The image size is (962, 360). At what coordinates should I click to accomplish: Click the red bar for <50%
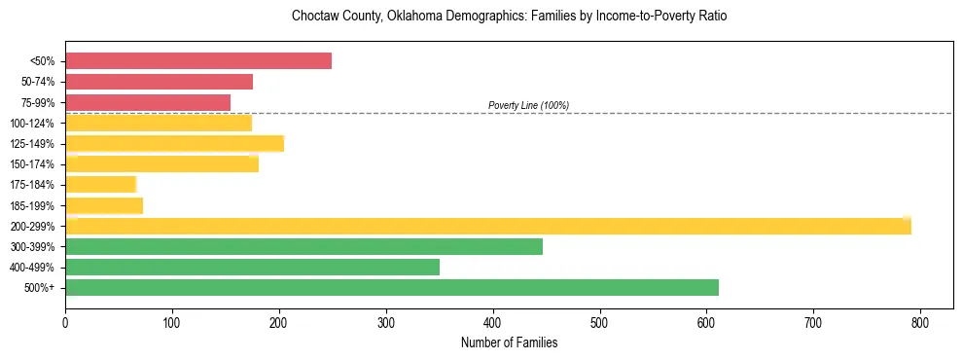(198, 61)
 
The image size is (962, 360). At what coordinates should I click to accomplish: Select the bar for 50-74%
(160, 82)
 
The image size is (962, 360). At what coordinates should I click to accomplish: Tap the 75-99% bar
(148, 102)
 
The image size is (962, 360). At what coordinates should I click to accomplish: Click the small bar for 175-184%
(100, 185)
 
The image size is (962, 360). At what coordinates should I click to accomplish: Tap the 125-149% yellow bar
(174, 144)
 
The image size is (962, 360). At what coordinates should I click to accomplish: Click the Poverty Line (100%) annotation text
(528, 105)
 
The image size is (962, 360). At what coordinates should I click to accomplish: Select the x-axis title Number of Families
(509, 342)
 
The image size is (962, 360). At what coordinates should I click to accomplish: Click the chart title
(509, 17)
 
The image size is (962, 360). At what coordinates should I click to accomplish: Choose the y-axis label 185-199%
(33, 205)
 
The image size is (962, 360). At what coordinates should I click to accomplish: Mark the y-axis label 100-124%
(33, 124)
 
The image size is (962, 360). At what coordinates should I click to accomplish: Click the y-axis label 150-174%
(33, 164)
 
